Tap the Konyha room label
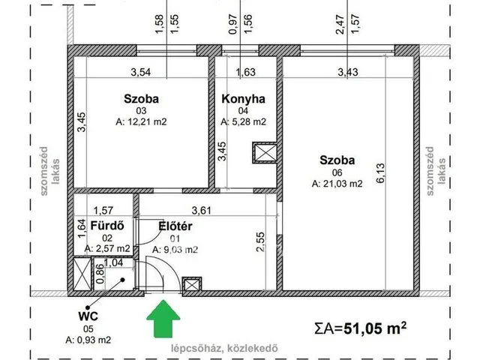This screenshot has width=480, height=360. coord(243,98)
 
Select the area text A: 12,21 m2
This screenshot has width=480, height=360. coord(141,121)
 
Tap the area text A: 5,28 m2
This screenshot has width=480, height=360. coord(244,121)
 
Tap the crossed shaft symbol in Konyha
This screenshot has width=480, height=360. coord(265,152)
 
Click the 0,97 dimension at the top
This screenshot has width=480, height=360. coord(233,26)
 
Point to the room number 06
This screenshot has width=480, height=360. coord(336,172)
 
